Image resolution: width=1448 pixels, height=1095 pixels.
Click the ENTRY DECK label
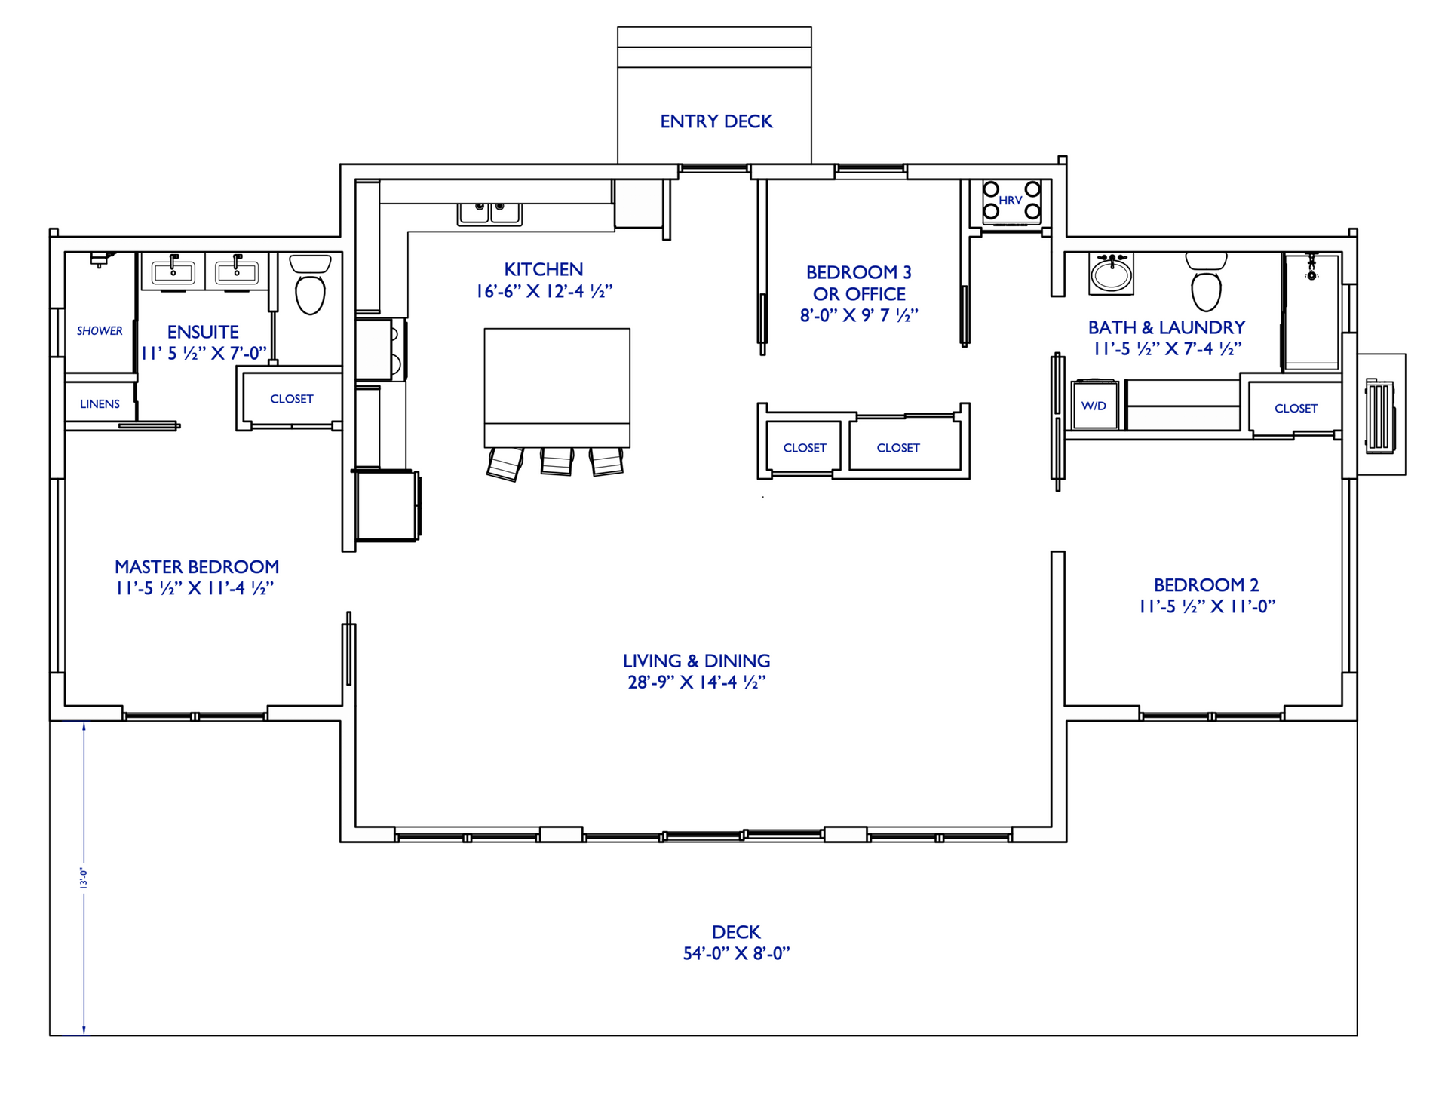tap(716, 121)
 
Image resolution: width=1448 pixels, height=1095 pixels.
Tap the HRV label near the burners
tap(1010, 201)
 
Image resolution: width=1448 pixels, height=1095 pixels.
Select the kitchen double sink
tap(489, 213)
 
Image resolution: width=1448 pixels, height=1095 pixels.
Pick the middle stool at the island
tap(557, 461)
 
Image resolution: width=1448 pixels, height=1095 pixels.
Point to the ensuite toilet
tap(310, 287)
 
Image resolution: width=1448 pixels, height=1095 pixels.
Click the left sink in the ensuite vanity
tap(173, 271)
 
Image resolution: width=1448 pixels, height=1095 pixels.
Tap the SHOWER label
tap(100, 331)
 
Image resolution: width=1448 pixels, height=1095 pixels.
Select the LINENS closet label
tap(100, 404)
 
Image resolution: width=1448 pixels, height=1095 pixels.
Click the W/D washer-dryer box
tap(1094, 406)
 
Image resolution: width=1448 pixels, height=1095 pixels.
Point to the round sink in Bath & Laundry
tap(1111, 275)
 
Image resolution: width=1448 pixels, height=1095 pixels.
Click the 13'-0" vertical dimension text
tap(84, 878)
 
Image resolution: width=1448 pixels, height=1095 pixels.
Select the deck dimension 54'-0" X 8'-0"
tap(736, 954)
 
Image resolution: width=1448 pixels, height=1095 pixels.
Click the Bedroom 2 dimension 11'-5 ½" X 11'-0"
tap(1207, 606)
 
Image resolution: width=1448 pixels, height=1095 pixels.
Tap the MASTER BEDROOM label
tap(197, 567)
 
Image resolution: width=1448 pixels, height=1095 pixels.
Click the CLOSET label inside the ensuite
tap(291, 399)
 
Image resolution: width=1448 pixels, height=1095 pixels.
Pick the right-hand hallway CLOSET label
tap(897, 448)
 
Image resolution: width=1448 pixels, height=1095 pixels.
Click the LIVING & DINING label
tap(696, 661)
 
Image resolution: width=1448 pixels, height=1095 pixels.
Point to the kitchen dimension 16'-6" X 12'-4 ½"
tap(544, 292)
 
